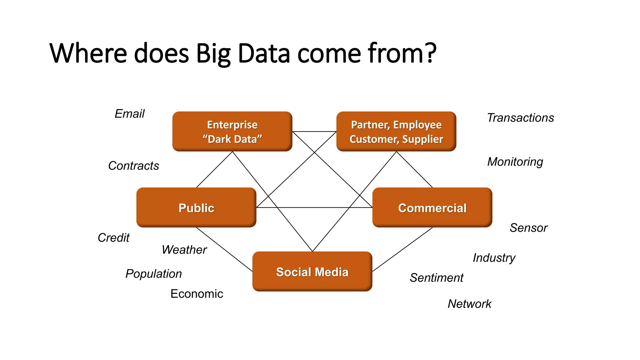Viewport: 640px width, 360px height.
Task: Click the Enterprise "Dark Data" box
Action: tap(232, 132)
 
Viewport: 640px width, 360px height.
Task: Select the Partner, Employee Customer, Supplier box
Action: tap(396, 132)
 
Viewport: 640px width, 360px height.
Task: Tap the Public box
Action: tap(196, 207)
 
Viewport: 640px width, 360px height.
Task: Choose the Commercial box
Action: tap(432, 207)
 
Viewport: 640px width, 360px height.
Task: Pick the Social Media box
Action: tap(312, 272)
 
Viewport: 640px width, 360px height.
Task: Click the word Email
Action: tap(129, 114)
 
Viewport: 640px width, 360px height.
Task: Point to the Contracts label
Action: tap(133, 166)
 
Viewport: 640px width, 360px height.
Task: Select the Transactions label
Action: tap(520, 118)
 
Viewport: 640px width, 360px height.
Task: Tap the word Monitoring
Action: tap(515, 162)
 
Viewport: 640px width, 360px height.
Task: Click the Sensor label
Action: tap(528, 228)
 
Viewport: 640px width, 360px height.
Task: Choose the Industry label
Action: tap(494, 258)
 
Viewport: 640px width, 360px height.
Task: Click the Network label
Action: tap(469, 304)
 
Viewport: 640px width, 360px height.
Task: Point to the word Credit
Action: tap(113, 238)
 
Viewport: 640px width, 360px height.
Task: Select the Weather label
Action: tap(184, 250)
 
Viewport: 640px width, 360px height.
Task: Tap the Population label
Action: tap(153, 274)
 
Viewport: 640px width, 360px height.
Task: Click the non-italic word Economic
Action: tap(197, 294)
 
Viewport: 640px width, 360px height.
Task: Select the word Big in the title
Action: tap(213, 54)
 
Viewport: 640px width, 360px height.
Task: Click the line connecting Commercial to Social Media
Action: tap(402, 249)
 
